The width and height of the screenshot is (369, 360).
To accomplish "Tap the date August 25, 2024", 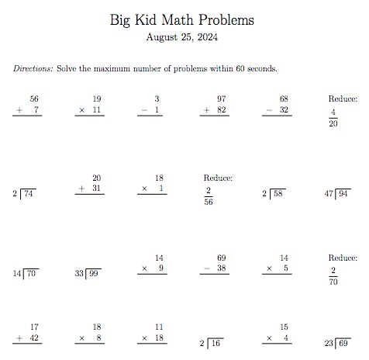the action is (x=184, y=36).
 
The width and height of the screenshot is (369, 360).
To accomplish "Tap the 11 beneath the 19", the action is (x=97, y=111).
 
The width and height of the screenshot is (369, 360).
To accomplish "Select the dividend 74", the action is (x=29, y=194).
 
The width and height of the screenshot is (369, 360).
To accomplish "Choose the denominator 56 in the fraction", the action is (x=209, y=202).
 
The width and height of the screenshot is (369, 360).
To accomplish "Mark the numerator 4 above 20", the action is (x=333, y=112).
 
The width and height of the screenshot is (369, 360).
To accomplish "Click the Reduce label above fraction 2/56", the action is (x=218, y=178).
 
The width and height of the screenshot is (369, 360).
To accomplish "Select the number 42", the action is (x=34, y=338).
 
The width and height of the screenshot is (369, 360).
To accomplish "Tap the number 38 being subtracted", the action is (x=221, y=268).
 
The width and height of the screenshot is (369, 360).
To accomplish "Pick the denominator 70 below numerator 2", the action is (x=333, y=282).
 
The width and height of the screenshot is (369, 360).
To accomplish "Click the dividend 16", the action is (x=215, y=343).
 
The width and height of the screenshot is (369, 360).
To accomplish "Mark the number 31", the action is (x=97, y=189).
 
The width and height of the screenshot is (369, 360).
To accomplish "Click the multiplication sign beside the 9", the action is (x=144, y=268).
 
